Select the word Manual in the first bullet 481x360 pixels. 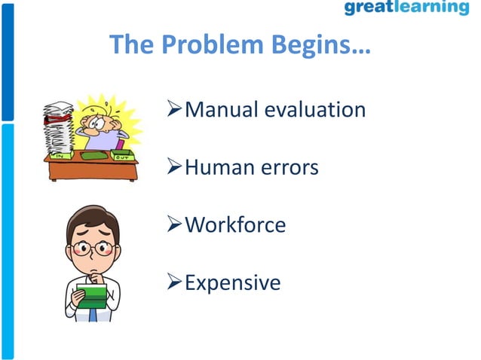tap(221, 110)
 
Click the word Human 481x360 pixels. tap(219, 167)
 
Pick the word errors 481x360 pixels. tap(290, 167)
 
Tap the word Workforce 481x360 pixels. tap(235, 224)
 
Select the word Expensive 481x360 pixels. tap(232, 282)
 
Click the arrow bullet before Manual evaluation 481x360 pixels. tap(174, 111)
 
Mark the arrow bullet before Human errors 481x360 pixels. tap(174, 168)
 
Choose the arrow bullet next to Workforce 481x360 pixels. tap(174, 225)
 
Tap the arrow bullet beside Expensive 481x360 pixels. tap(174, 283)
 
